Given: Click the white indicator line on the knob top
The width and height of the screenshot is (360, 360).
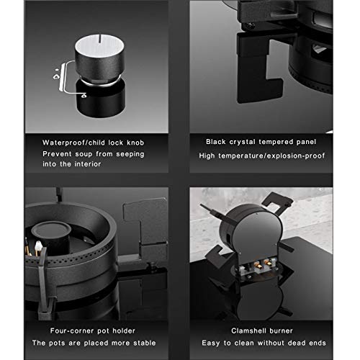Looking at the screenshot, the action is coord(99,40).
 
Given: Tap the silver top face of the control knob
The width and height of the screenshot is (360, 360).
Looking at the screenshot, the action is coord(99,45).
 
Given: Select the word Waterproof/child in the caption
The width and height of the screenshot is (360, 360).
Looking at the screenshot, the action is coord(73,143).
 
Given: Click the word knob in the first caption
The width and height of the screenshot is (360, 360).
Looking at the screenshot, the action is coord(135,143).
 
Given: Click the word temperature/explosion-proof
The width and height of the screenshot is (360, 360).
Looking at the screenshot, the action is coord(271,156).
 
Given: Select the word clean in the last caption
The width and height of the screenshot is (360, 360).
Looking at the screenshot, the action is coord(244,343).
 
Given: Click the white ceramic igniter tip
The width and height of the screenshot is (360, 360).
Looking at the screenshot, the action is coord(38,246).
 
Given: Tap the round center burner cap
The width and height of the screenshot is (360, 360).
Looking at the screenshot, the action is coord(51,229).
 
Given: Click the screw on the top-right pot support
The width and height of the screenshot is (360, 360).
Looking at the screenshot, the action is coord(251,25).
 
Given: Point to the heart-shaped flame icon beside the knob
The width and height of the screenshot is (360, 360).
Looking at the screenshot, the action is coord(56,77).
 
